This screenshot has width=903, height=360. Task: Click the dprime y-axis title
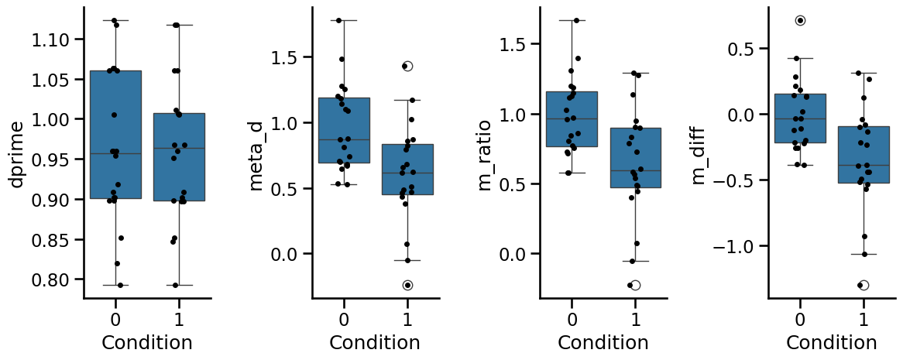point(16,154)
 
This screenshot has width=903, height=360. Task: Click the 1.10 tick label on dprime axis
point(51,39)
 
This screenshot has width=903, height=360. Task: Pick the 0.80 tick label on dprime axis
point(51,279)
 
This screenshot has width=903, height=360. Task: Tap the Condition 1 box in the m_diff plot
point(864,155)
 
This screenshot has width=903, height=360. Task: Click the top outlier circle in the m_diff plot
point(800,20)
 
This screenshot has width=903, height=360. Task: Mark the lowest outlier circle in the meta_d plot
point(407,285)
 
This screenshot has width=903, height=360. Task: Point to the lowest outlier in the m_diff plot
point(864,285)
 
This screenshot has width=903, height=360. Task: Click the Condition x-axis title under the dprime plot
point(147,343)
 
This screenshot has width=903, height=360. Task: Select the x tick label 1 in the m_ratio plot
point(636,317)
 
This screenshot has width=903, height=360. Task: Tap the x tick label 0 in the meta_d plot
point(344,317)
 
